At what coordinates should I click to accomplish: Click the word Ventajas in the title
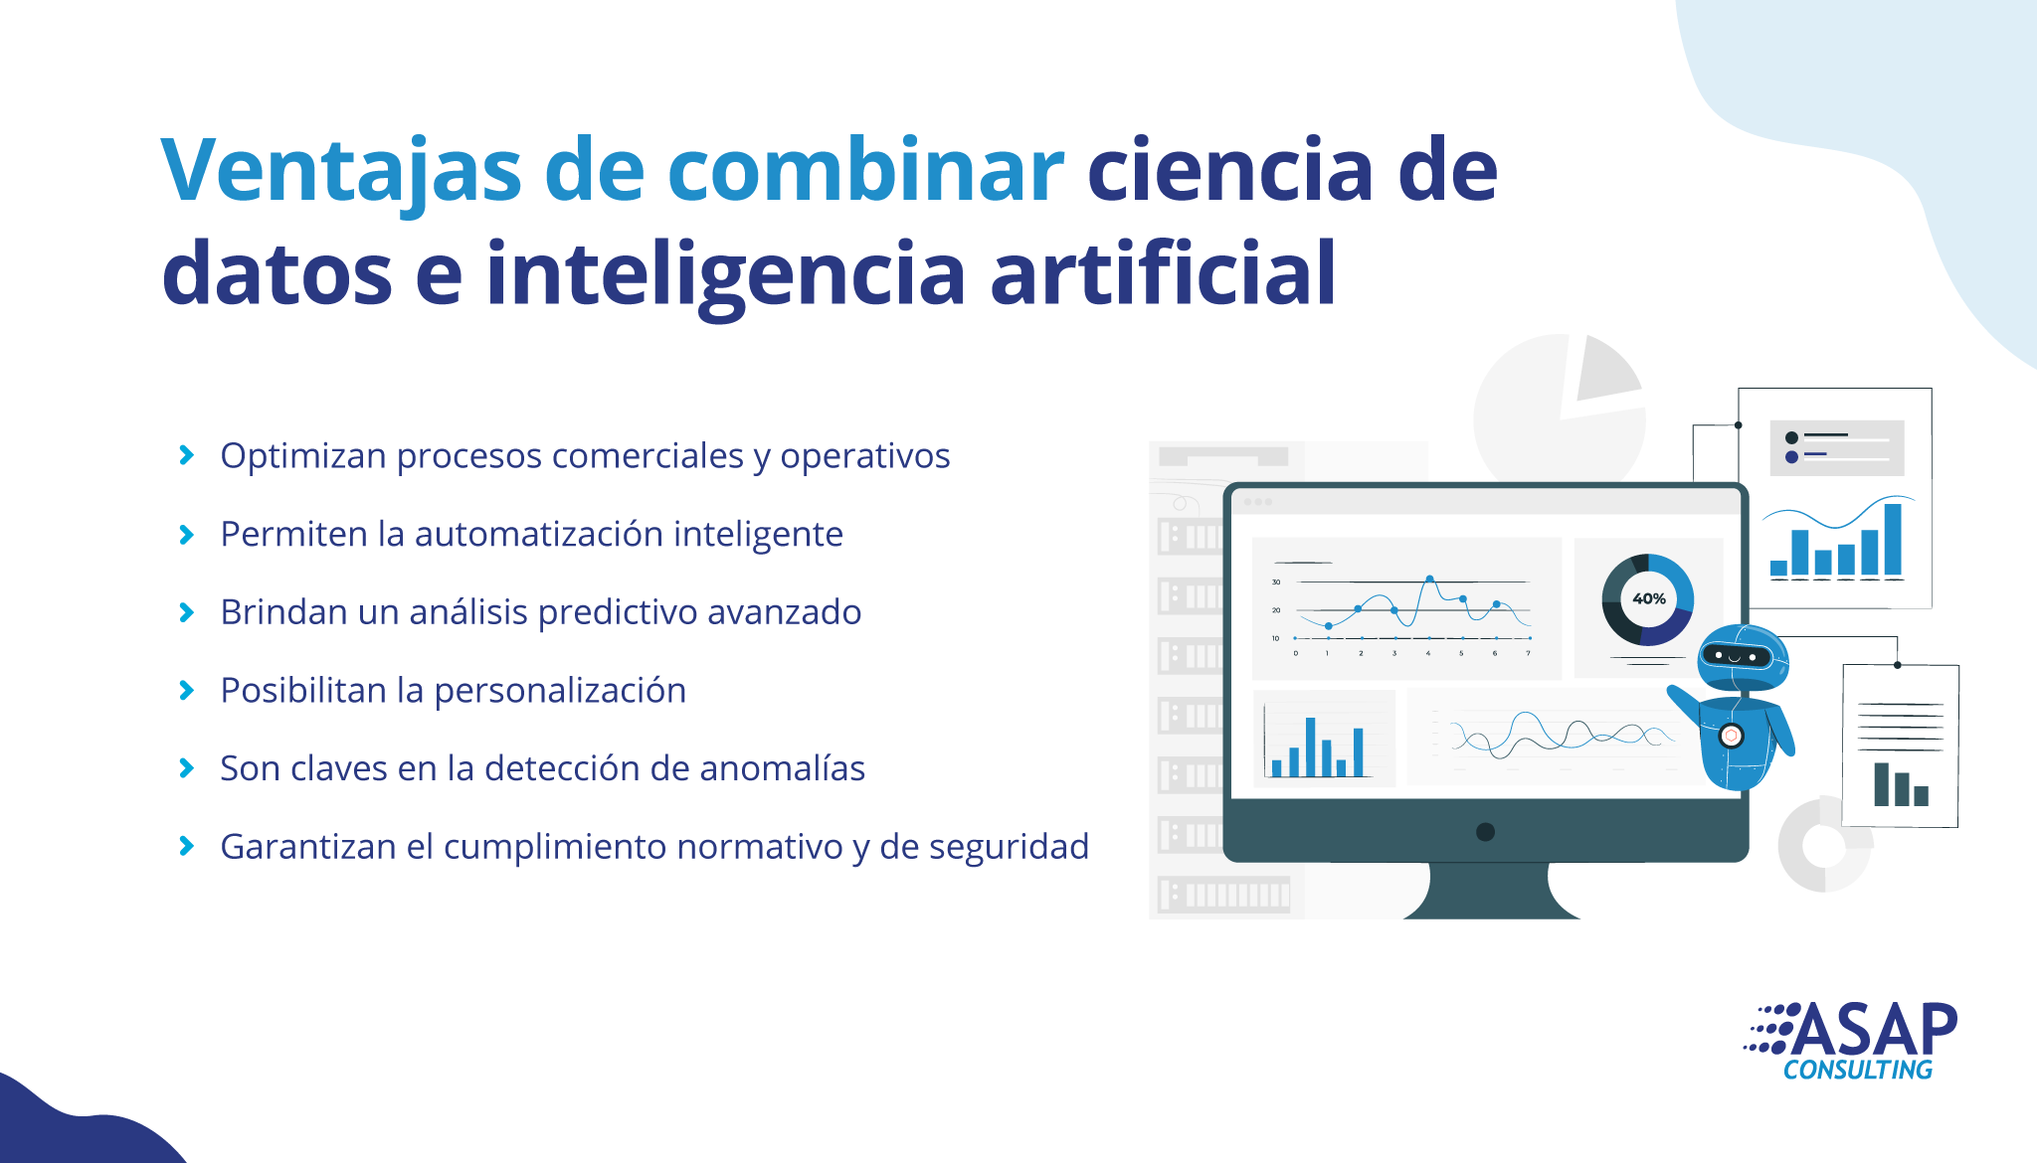(x=341, y=171)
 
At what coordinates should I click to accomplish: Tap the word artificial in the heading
(x=1163, y=273)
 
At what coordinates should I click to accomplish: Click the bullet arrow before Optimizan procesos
(x=186, y=455)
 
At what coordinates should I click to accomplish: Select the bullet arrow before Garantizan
(x=186, y=846)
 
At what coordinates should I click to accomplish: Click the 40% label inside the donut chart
(x=1649, y=598)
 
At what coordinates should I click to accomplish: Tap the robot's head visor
(x=1736, y=656)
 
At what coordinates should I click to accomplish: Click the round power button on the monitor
(x=1485, y=832)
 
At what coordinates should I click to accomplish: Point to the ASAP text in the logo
(x=1874, y=1030)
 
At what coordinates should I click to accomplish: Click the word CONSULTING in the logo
(x=1858, y=1071)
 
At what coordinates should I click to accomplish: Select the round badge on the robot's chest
(x=1732, y=736)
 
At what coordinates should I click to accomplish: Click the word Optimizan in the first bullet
(x=303, y=456)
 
